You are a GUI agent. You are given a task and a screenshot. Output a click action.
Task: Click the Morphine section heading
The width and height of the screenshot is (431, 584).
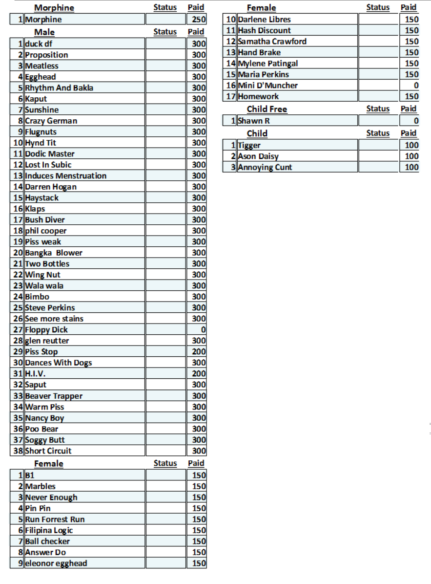click(x=54, y=8)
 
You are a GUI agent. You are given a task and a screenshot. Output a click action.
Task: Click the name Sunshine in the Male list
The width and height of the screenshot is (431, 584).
click(x=42, y=110)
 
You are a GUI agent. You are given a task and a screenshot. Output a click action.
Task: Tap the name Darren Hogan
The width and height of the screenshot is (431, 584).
click(x=51, y=187)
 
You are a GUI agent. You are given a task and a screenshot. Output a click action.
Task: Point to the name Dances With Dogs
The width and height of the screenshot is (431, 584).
click(x=59, y=363)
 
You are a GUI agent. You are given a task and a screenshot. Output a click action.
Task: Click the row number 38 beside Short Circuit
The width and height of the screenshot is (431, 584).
click(x=18, y=451)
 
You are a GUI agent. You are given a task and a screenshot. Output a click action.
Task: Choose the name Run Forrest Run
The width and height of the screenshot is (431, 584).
click(x=55, y=519)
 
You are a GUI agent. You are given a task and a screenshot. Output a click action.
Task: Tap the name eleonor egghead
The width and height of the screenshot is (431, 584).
click(x=56, y=563)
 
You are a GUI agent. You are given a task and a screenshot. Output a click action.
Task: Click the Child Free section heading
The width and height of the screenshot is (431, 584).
click(x=267, y=109)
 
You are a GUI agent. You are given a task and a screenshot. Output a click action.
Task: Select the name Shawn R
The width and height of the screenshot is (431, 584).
click(x=254, y=121)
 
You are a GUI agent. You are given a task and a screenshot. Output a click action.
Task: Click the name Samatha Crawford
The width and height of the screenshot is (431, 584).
click(x=272, y=42)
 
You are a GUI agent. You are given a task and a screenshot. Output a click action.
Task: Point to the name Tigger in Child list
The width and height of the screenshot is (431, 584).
click(x=249, y=145)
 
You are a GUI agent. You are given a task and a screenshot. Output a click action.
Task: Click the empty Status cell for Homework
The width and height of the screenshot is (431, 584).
click(x=378, y=96)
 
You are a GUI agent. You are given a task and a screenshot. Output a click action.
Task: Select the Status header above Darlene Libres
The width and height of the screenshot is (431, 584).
click(x=378, y=7)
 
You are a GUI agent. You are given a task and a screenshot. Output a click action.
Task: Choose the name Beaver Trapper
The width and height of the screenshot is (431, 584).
click(x=54, y=396)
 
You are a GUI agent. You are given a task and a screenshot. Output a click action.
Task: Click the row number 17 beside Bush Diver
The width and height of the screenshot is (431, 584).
click(x=18, y=220)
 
